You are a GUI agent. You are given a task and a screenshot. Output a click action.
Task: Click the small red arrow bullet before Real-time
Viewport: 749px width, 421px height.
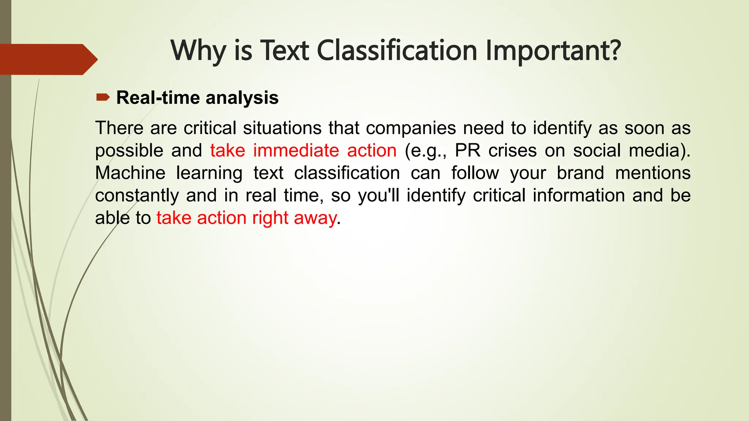coord(103,97)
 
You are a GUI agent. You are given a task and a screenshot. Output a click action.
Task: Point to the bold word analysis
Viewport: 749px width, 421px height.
coord(242,98)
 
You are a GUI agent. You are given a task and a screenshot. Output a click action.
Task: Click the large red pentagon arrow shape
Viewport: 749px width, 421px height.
coord(48,59)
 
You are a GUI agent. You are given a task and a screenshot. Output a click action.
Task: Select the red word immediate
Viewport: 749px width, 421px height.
coord(296,151)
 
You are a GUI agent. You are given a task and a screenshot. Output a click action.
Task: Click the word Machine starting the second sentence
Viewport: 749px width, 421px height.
coord(130,173)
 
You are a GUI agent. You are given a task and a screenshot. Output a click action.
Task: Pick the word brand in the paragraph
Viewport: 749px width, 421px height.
coord(580,173)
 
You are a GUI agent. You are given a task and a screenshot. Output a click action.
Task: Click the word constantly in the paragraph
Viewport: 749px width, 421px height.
coord(137,196)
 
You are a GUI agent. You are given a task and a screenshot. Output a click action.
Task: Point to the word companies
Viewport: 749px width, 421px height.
coord(411,128)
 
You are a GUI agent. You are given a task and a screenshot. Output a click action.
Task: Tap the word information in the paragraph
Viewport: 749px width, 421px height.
coord(579,196)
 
